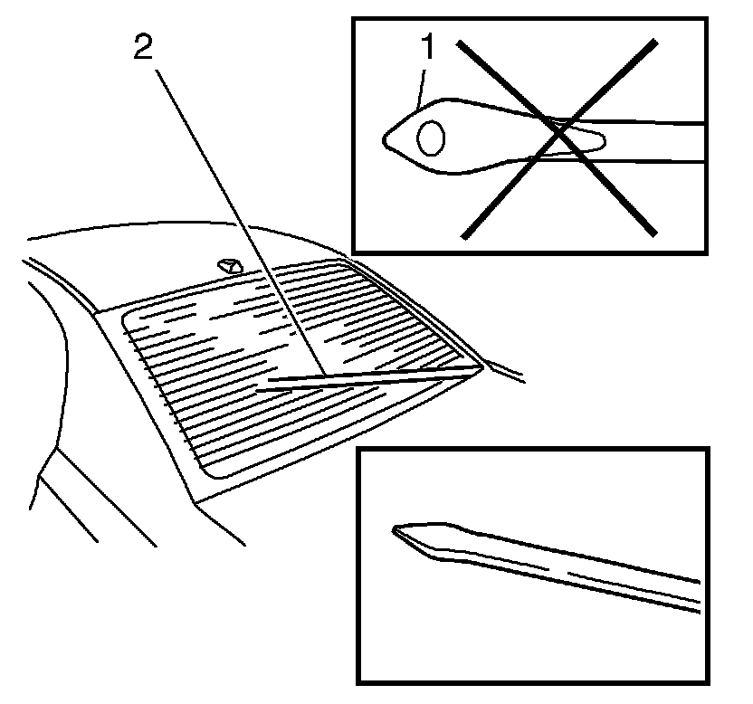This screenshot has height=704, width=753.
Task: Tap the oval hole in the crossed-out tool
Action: tap(431, 138)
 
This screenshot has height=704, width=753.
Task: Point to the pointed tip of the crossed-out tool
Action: tap(386, 138)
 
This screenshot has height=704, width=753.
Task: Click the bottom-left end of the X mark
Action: tap(462, 238)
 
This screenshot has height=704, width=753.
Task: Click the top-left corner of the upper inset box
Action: tap(353, 18)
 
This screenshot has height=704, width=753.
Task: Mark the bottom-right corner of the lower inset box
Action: tap(708, 680)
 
